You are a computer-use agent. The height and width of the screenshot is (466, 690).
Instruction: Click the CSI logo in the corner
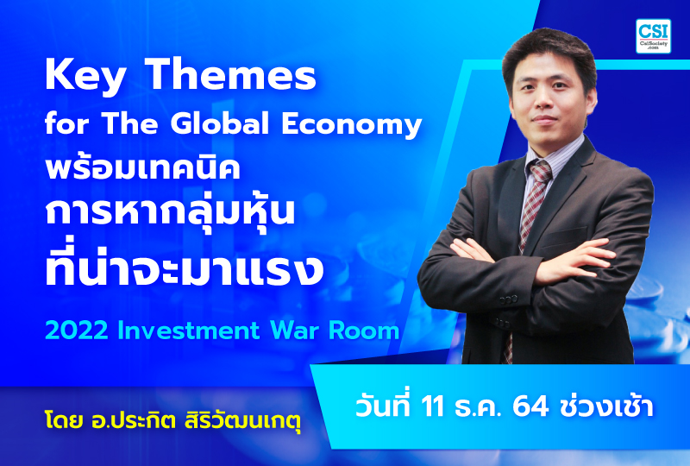point(653,36)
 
